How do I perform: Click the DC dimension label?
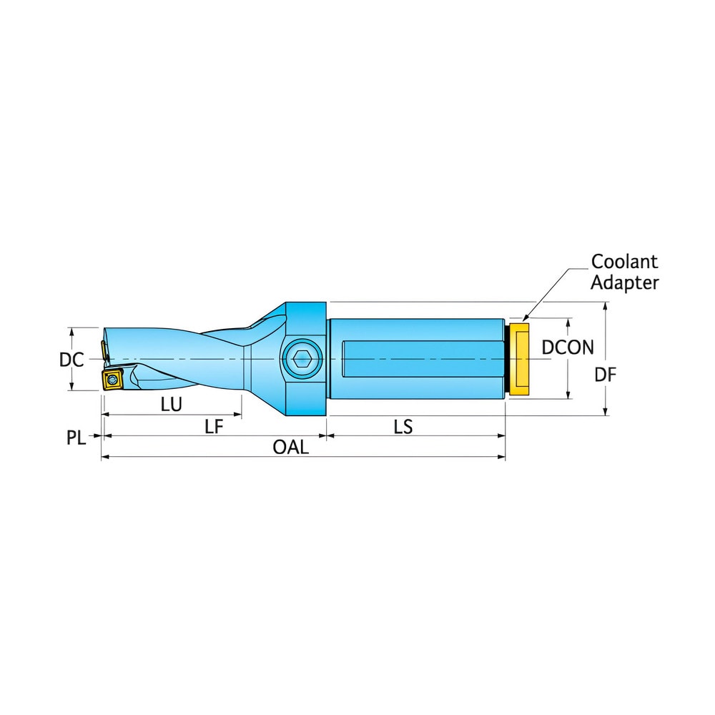point(71,360)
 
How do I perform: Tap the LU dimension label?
point(171,404)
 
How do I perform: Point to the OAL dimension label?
point(291,448)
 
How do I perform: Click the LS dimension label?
point(403,427)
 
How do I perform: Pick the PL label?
point(77,438)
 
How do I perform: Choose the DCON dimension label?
point(567,347)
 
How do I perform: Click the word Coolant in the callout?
point(624,262)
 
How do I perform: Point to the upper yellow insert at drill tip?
point(104,350)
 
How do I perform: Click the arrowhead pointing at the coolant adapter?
point(525,317)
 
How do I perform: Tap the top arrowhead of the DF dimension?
point(606,306)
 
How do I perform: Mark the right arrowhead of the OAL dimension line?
point(502,457)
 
